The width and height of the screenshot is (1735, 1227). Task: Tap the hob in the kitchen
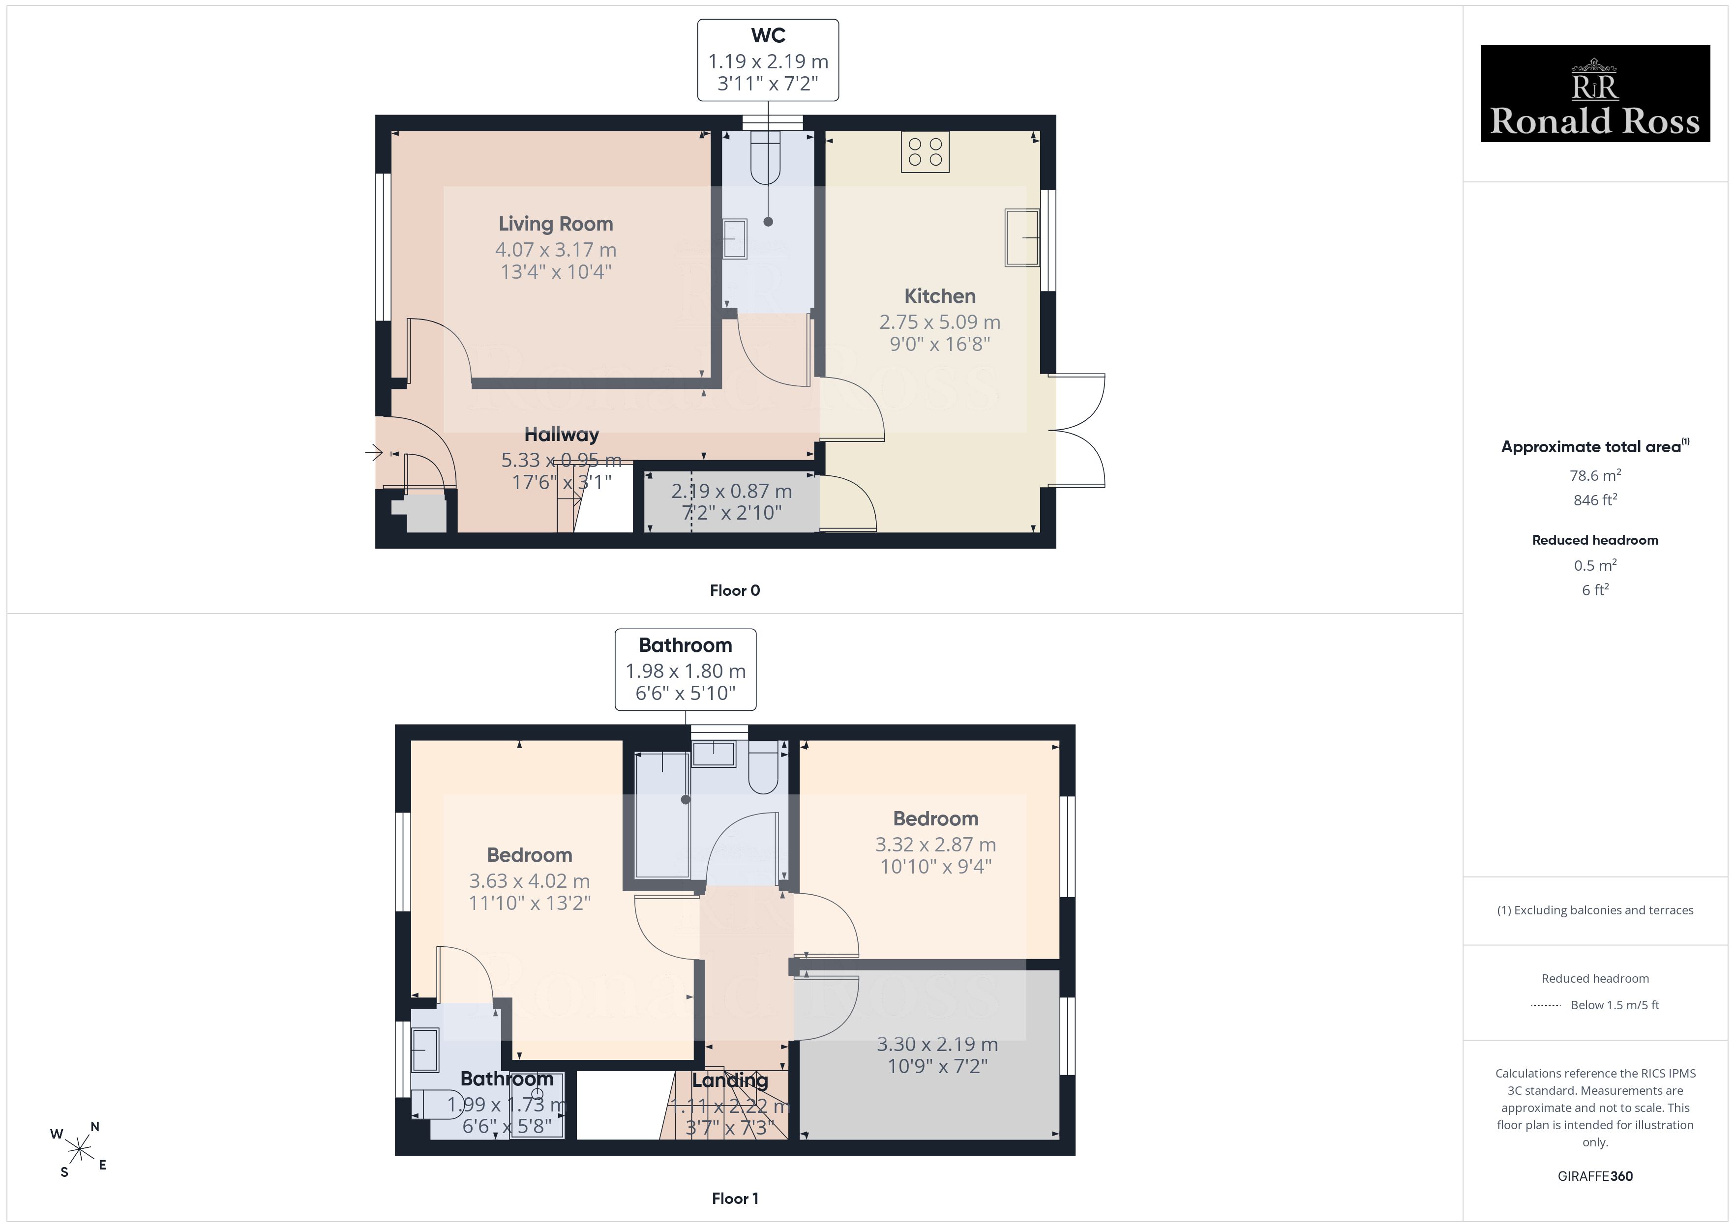925,152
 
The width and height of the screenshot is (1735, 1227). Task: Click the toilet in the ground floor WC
766,157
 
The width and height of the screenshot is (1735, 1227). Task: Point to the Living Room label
555,224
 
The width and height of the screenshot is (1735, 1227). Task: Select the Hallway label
562,435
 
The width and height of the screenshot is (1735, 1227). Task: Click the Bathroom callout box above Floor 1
686,670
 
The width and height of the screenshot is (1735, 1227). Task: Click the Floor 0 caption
735,591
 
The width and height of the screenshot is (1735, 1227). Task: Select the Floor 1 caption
735,1198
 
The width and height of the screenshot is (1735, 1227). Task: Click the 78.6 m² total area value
1595,475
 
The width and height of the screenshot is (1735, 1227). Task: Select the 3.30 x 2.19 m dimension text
937,1044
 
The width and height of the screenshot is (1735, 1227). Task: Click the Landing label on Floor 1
730,1081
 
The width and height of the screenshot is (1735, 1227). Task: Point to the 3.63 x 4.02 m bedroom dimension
529,881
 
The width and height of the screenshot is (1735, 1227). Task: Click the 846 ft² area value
1595,500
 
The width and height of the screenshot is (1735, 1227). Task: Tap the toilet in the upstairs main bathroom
763,768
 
